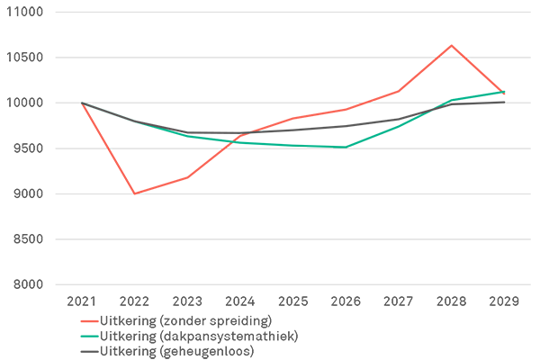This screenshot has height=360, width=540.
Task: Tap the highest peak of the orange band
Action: (x=451, y=41)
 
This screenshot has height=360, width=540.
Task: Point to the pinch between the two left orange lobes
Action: (x=106, y=148)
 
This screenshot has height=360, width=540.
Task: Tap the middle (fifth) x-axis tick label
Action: (x=293, y=294)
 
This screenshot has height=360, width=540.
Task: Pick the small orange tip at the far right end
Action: (x=509, y=93)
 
